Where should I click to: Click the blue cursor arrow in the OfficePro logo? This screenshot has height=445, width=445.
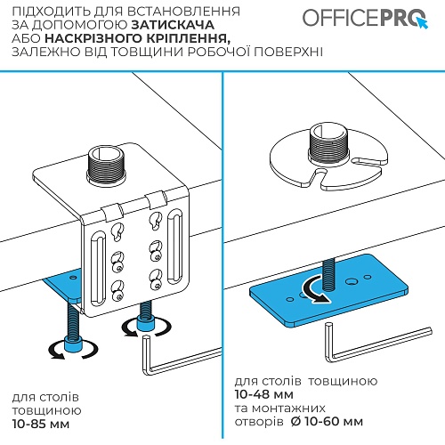(422, 22)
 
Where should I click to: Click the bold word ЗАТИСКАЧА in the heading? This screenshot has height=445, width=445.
(173, 25)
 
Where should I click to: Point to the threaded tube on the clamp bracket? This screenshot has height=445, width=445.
(106, 165)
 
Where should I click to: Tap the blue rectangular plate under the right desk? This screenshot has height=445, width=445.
(328, 290)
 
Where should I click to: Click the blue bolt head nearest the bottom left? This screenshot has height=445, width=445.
(73, 345)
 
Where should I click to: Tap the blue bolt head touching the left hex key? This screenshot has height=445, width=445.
(145, 324)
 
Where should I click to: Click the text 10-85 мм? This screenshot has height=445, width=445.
(41, 424)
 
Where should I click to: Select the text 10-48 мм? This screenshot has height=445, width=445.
(264, 394)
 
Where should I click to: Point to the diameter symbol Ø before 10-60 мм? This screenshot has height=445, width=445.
(295, 422)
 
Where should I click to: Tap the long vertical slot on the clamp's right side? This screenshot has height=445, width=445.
(175, 246)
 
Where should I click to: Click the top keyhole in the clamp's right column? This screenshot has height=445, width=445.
(156, 221)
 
